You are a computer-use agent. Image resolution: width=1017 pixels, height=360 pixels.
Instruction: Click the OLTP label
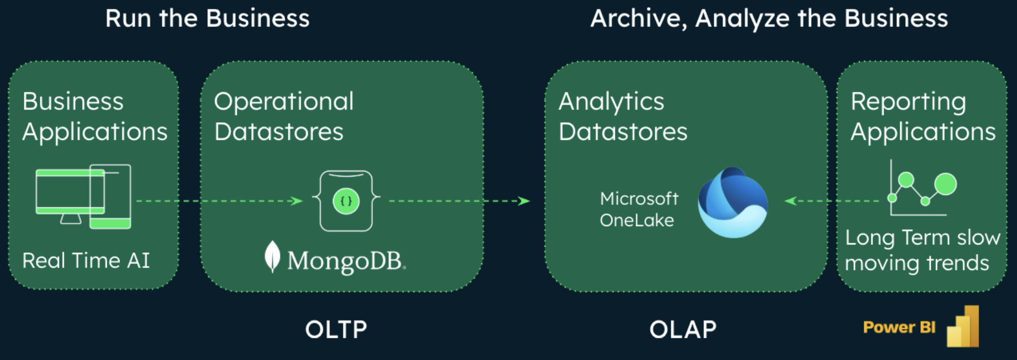click(x=336, y=329)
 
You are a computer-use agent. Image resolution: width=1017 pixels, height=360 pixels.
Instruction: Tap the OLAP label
click(x=682, y=329)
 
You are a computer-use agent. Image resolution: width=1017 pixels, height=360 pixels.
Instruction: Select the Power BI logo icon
click(x=963, y=327)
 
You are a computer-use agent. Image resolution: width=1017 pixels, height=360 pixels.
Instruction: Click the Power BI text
click(x=899, y=327)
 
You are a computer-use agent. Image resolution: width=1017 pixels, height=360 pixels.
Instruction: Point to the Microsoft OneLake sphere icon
click(x=732, y=203)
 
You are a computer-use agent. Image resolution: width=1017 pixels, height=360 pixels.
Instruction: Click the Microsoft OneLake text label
click(x=639, y=209)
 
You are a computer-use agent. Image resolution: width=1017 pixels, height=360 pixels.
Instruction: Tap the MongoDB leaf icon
click(x=272, y=257)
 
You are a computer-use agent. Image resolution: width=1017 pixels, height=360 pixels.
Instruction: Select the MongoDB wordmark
click(x=346, y=261)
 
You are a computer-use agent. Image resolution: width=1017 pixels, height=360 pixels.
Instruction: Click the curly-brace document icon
click(x=346, y=201)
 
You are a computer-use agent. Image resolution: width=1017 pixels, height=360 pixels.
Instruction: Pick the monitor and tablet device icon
click(x=83, y=196)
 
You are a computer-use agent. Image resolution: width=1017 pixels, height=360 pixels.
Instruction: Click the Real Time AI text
click(x=86, y=261)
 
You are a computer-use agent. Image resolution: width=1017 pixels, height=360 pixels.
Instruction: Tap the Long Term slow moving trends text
click(x=922, y=250)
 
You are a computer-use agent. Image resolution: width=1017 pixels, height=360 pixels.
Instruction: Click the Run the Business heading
click(x=207, y=18)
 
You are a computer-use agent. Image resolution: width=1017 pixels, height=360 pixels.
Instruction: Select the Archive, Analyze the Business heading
click(x=769, y=18)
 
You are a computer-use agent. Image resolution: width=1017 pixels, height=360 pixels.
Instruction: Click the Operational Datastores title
click(x=283, y=117)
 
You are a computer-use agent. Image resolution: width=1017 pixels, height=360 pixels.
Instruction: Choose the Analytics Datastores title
click(x=622, y=117)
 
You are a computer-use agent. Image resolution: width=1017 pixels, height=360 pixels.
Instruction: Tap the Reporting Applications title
click(x=923, y=117)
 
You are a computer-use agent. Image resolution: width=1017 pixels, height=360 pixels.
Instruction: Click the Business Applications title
click(x=94, y=117)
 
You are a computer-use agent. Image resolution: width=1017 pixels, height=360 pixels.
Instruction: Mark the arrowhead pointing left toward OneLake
click(x=790, y=201)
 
